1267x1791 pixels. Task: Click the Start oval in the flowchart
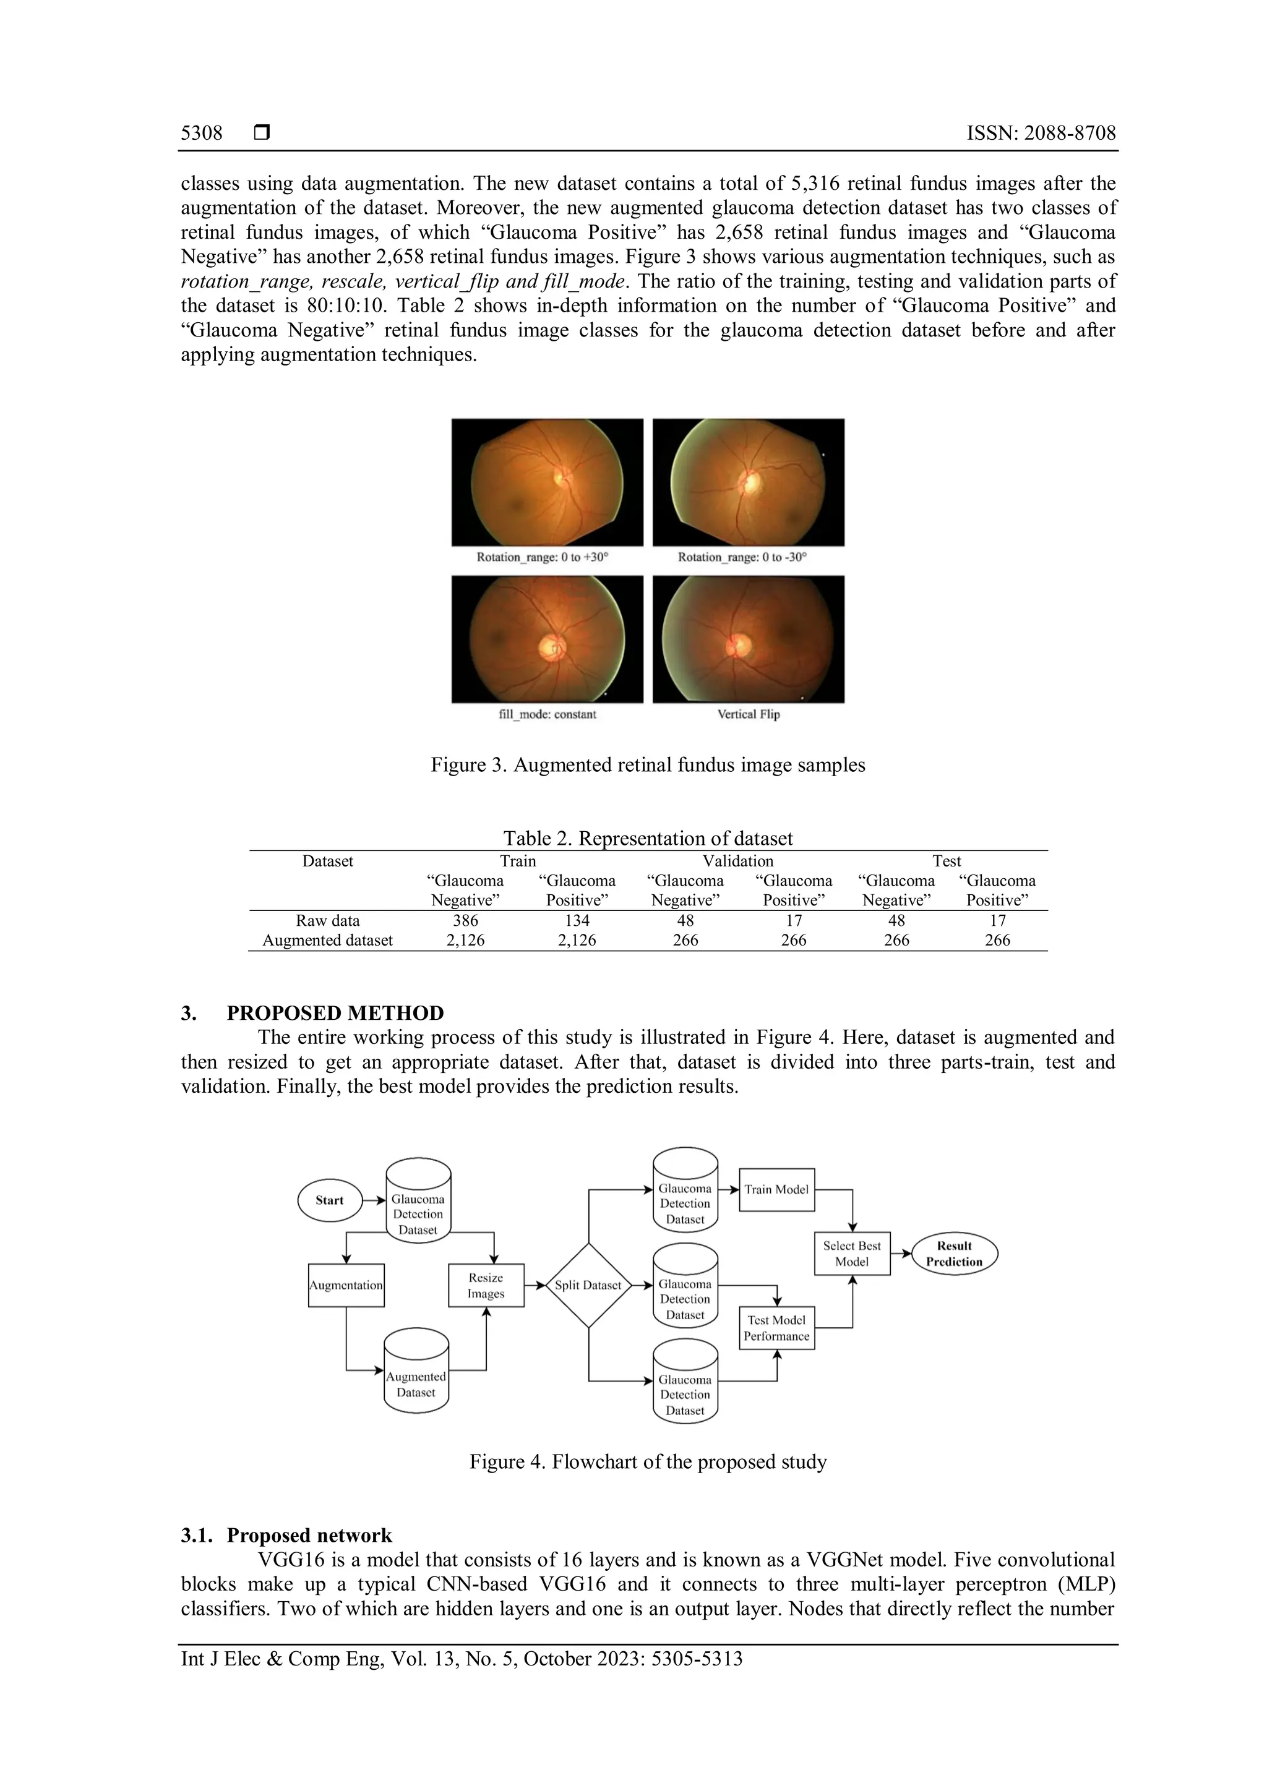click(330, 1200)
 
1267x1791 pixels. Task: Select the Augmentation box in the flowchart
click(346, 1284)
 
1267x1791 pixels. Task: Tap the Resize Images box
click(486, 1284)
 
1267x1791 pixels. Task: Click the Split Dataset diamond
click(588, 1284)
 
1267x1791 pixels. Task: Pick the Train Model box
click(776, 1190)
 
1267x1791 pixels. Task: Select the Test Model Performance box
click(776, 1328)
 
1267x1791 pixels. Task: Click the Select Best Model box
click(852, 1254)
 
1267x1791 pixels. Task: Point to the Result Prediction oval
click(954, 1254)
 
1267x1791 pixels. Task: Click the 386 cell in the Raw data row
click(466, 920)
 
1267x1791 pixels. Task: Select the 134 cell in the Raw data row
click(577, 920)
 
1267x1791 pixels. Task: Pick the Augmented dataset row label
click(328, 940)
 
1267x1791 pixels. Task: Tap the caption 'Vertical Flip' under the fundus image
click(748, 714)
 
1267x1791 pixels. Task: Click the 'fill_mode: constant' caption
click(547, 714)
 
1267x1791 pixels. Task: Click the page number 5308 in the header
click(201, 134)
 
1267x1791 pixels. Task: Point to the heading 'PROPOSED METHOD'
click(335, 1012)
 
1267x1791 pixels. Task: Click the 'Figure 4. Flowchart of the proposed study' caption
click(648, 1461)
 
